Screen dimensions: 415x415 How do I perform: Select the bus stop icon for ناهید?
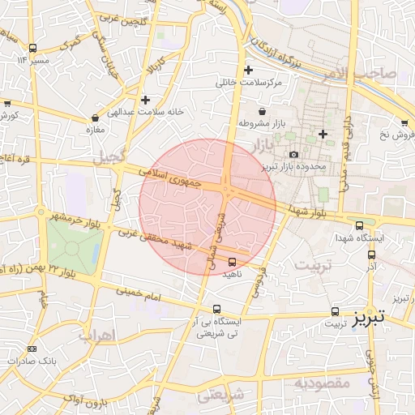[233, 262]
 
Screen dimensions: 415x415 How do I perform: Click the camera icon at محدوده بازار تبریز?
[293, 154]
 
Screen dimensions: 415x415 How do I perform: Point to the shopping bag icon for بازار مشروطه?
[261, 111]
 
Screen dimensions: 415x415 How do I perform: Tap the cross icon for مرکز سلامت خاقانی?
[248, 71]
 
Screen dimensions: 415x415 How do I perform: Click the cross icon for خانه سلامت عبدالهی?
[145, 101]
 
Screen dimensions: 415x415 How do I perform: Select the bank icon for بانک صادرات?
[32, 349]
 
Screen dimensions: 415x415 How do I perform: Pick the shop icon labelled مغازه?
[96, 118]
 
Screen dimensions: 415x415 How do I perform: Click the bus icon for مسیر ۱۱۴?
[32, 48]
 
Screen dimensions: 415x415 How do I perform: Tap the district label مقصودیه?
[321, 382]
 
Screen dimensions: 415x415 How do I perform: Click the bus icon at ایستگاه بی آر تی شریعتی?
[216, 309]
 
